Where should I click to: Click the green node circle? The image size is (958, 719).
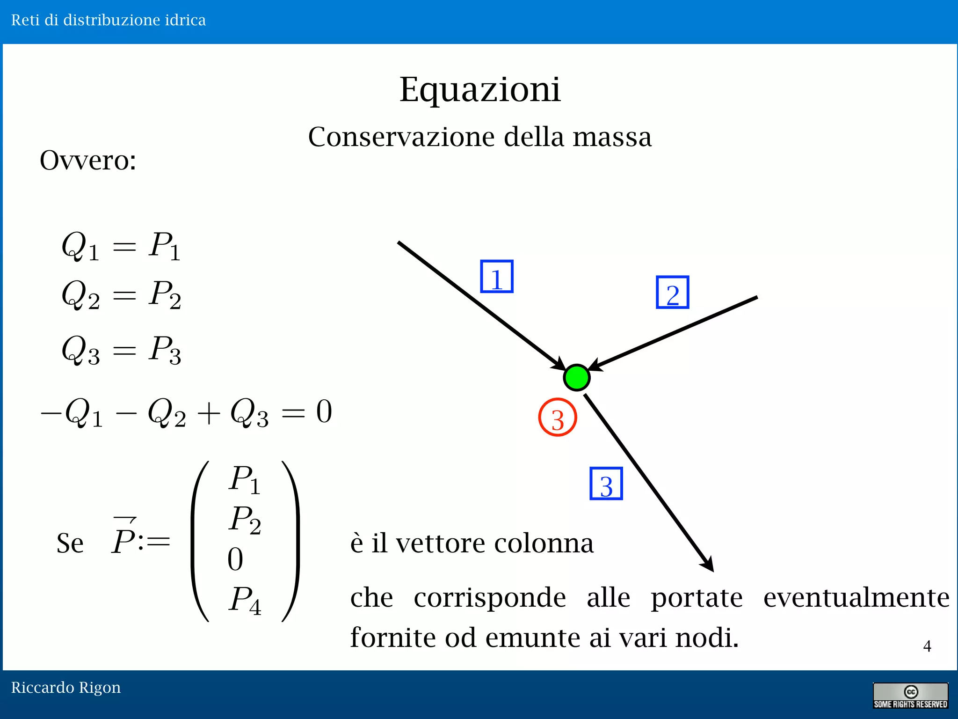click(576, 377)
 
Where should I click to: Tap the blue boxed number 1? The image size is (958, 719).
click(497, 277)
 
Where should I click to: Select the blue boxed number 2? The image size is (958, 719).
click(673, 293)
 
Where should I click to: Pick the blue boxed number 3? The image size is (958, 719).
click(606, 484)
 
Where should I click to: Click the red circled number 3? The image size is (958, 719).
click(557, 417)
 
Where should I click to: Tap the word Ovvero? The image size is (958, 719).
click(88, 160)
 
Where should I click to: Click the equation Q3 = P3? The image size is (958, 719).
click(121, 350)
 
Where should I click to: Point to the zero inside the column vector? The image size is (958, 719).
click(235, 559)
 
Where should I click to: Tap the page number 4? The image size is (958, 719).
click(927, 646)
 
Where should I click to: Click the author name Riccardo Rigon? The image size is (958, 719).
click(66, 687)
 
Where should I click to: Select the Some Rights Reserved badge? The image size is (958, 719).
click(910, 696)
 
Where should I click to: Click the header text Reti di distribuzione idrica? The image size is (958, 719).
click(109, 20)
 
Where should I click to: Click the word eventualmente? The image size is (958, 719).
click(856, 598)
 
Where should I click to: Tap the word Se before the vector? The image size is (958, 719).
click(70, 543)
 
